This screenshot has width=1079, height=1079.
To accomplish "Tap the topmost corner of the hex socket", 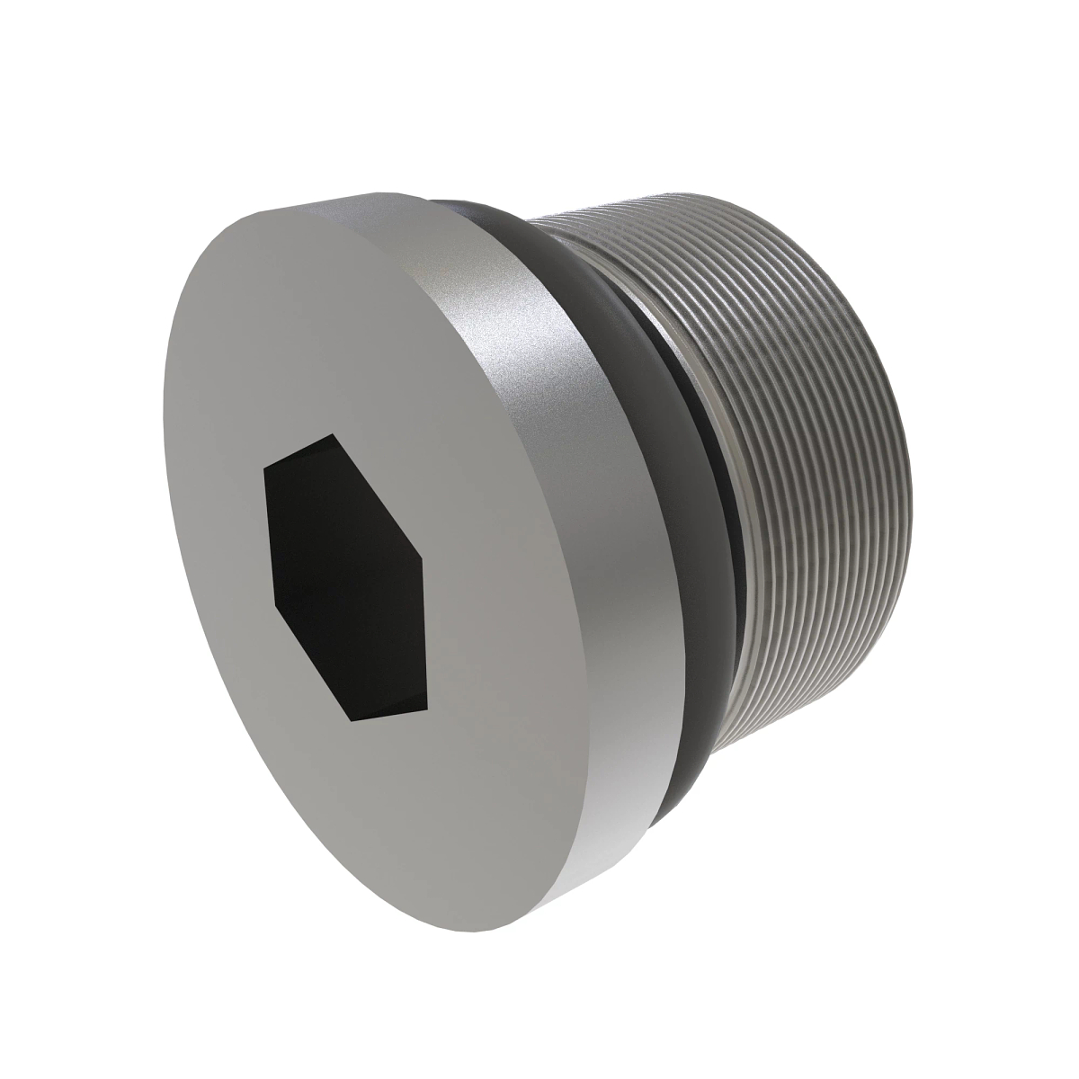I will point(334,435).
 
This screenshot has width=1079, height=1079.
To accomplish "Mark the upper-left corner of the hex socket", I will point(264,470).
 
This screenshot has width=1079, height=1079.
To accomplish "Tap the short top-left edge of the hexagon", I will point(299,452).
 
